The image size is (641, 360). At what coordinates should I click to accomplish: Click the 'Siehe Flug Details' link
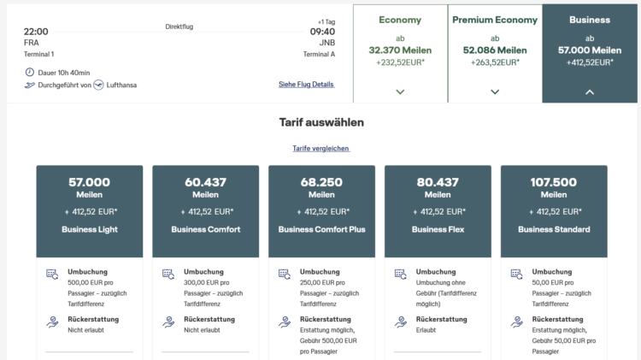pos(306,85)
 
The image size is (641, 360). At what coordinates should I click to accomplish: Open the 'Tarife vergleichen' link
pos(320,148)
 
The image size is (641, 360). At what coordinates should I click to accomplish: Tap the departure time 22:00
pos(36,32)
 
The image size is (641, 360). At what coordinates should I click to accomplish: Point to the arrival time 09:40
pos(322,32)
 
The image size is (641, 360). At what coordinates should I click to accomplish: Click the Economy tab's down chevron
pos(400,92)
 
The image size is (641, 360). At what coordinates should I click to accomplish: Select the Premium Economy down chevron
pos(495,92)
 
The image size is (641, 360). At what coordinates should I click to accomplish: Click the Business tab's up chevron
pos(590,92)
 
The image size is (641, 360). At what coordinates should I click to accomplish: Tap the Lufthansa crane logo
pos(98,85)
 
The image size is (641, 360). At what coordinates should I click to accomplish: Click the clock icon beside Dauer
pos(29,73)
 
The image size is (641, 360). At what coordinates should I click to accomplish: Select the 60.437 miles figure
pos(205,182)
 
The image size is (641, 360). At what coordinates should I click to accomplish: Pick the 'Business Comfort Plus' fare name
pos(321,229)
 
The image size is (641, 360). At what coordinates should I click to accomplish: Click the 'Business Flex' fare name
pos(438,229)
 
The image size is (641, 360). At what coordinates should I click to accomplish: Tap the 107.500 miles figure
pos(554,182)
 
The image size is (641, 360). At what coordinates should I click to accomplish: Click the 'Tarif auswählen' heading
pos(321,122)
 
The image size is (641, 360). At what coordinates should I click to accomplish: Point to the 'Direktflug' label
pos(179,27)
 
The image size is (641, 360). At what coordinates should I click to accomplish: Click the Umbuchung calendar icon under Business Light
pos(52,274)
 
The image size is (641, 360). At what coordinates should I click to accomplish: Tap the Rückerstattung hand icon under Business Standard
pos(517,322)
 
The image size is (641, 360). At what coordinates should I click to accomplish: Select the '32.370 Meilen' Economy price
pos(400,50)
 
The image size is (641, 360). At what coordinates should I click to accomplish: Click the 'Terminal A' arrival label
pos(319,54)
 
